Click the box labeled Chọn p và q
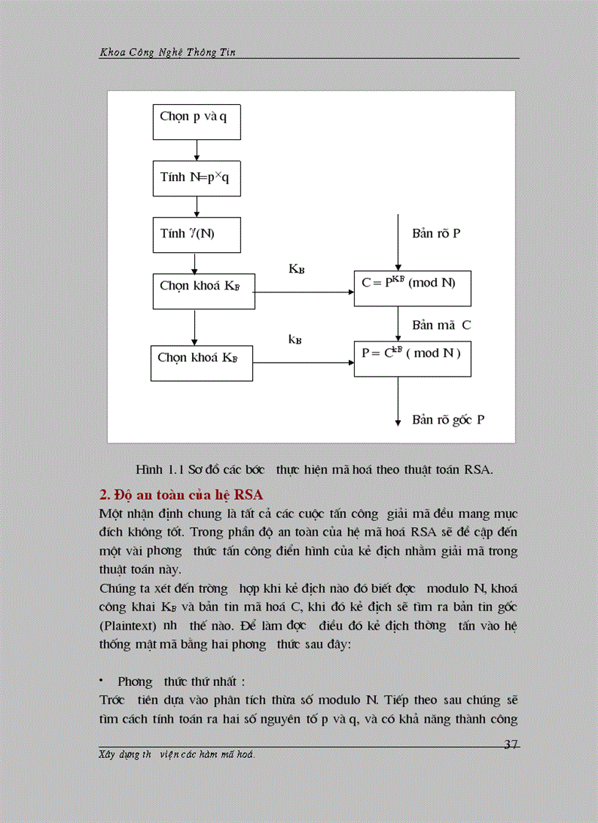[196, 122]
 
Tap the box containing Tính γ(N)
[196, 235]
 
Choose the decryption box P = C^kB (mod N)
[412, 358]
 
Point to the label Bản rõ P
[436, 234]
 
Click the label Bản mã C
[441, 325]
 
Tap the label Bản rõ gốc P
[448, 420]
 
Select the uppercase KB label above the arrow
[296, 270]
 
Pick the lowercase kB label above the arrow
[295, 339]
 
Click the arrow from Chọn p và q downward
[196, 150]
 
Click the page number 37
[512, 745]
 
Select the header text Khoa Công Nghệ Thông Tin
[170, 53]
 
